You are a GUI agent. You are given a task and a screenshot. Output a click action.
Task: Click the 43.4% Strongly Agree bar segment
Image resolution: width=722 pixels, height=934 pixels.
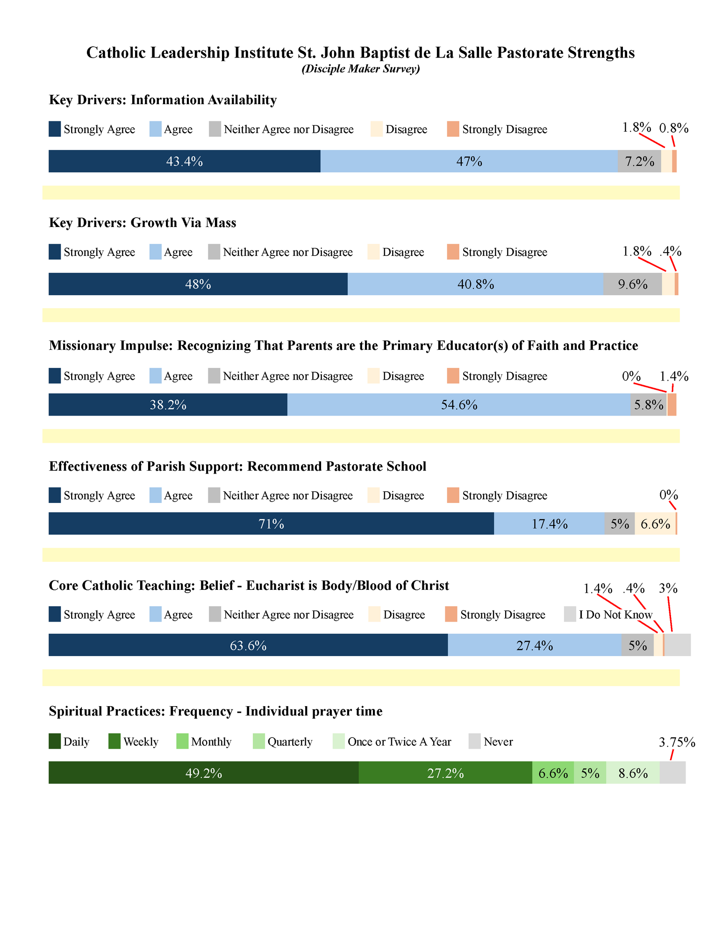[184, 161]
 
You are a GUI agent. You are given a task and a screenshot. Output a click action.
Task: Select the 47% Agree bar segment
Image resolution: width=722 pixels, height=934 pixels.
[469, 161]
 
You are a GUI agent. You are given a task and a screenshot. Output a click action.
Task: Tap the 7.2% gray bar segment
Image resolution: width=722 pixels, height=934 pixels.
[639, 161]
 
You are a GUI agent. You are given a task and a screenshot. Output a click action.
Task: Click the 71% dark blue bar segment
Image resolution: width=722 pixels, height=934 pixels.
[271, 524]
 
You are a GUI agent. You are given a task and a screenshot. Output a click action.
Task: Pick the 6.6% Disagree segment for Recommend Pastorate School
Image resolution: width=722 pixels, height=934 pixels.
[655, 524]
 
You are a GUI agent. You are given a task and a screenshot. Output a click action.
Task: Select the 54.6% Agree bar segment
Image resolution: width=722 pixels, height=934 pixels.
[459, 404]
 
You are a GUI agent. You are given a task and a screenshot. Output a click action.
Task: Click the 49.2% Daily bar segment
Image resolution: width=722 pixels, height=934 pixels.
[203, 773]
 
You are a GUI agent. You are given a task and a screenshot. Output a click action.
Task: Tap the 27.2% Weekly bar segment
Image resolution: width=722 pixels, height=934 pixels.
[445, 773]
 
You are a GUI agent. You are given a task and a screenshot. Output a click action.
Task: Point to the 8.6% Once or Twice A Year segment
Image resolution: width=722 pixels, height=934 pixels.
[633, 773]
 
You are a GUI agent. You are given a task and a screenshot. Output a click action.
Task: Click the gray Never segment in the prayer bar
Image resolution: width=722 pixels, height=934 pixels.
[672, 773]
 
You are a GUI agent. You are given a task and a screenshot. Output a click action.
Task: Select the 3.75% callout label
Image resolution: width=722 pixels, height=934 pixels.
[677, 742]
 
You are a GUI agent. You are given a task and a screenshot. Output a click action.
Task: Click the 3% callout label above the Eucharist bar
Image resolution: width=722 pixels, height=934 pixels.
[668, 588]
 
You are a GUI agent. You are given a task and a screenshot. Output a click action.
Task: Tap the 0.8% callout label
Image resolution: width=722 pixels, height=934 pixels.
[673, 128]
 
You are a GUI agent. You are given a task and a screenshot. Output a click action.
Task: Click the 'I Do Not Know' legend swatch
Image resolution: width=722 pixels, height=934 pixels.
[570, 614]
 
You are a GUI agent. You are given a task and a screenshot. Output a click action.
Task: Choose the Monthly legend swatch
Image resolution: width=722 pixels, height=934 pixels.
[182, 741]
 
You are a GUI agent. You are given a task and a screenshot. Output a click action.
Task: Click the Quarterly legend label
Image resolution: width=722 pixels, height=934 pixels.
[290, 742]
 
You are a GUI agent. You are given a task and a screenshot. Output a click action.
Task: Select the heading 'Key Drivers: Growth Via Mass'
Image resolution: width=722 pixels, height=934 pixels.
[143, 223]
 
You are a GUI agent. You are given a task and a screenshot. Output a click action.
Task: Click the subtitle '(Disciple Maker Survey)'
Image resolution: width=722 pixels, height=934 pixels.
[361, 69]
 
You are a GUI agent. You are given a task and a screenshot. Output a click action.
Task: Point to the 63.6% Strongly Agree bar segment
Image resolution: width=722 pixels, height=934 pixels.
[248, 645]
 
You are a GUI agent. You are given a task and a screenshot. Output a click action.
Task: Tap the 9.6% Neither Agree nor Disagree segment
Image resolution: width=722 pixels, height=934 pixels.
[632, 284]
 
